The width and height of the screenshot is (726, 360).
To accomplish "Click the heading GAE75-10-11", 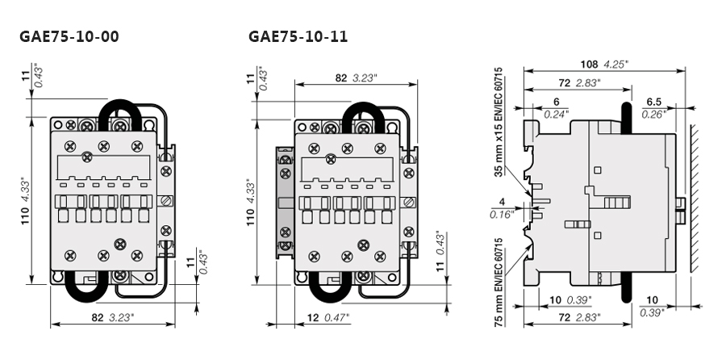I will click(298, 37).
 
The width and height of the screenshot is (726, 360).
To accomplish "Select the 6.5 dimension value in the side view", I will click(654, 102).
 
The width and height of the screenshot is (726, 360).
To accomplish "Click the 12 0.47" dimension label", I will click(328, 317).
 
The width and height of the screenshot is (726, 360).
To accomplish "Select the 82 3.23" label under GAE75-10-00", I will click(111, 317).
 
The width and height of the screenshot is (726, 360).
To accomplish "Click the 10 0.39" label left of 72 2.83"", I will click(570, 299).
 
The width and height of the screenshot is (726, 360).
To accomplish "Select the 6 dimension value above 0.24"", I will click(556, 102).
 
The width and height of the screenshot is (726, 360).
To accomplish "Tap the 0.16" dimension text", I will click(501, 214).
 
